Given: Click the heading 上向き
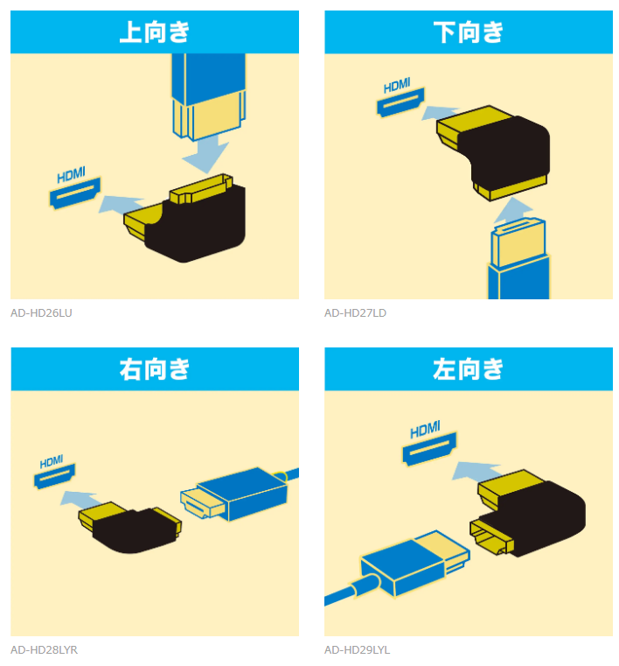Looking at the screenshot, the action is point(155,32).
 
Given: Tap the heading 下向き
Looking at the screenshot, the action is point(468,32).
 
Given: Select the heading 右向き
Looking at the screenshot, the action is point(155,368).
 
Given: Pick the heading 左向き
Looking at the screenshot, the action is point(468,368).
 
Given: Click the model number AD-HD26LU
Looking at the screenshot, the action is point(41,313).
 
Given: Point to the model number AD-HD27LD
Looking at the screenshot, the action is point(355,313).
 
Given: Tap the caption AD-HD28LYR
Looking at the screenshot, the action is point(44,650).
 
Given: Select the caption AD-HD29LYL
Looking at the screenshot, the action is point(358,650).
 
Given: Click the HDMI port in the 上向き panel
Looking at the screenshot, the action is point(75,193).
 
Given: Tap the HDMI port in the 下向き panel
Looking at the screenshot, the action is point(400,102).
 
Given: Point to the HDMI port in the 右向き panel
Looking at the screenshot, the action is point(54,476).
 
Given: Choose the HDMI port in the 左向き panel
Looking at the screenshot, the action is point(429,449).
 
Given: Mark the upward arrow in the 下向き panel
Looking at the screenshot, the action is point(513,210).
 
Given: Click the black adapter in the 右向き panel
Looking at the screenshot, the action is point(131,529).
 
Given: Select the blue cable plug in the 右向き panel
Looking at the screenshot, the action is point(240,493).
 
